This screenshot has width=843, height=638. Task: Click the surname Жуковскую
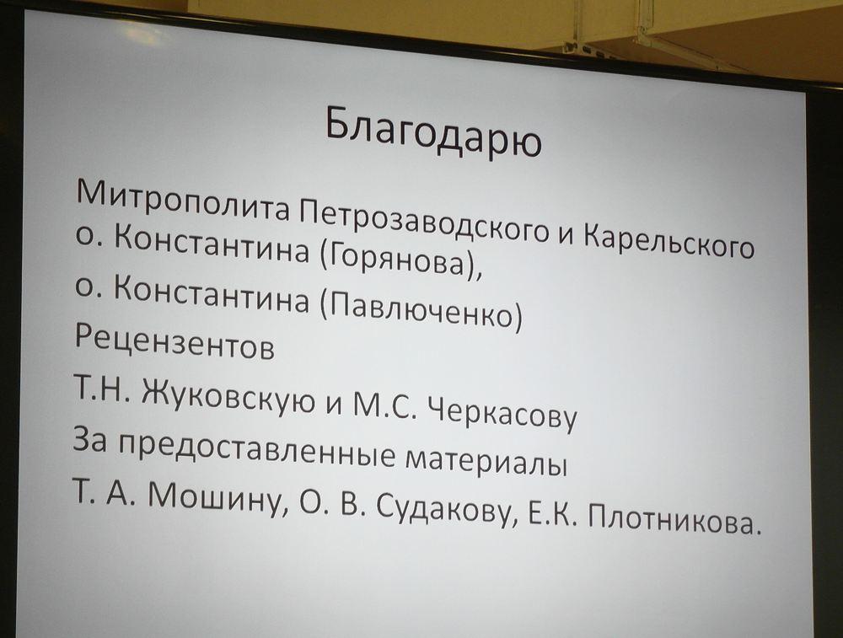tap(228, 397)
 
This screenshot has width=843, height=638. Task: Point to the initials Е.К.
tap(553, 515)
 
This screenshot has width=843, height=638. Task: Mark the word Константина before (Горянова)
tap(212, 247)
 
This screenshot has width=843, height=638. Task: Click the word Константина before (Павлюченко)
tap(212, 297)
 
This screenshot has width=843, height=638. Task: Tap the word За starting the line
tap(91, 437)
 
